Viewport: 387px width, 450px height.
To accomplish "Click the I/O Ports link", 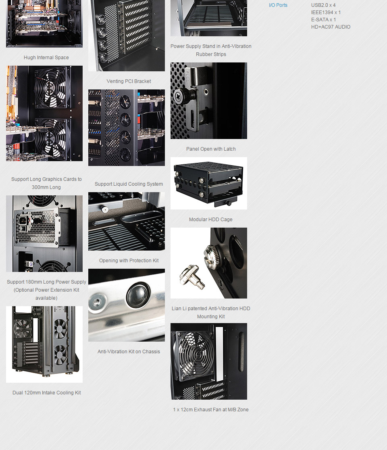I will (278, 5).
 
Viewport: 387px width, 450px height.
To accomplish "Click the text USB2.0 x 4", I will (323, 5).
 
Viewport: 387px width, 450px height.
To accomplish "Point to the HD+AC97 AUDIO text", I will (331, 27).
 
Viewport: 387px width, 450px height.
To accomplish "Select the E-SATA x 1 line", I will (323, 20).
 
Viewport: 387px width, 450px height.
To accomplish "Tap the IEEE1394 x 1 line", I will (326, 12).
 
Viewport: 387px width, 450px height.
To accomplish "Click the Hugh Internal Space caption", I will (46, 58).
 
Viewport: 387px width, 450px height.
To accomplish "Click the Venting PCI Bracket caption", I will (129, 81).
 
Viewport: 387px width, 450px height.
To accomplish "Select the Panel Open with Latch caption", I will (211, 149).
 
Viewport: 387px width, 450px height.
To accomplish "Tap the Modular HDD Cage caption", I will (210, 220).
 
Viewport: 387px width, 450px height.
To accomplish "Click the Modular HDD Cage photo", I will (208, 183).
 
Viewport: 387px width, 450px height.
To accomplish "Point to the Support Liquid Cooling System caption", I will (129, 184).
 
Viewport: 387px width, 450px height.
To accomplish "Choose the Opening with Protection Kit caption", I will (129, 261).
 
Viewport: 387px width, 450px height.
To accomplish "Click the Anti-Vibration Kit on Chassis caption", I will (129, 352).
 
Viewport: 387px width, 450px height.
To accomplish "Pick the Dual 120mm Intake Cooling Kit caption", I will (46, 393).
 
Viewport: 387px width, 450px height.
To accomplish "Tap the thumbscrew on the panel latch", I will (179, 95).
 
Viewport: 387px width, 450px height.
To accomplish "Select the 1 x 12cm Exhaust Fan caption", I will (211, 410).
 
